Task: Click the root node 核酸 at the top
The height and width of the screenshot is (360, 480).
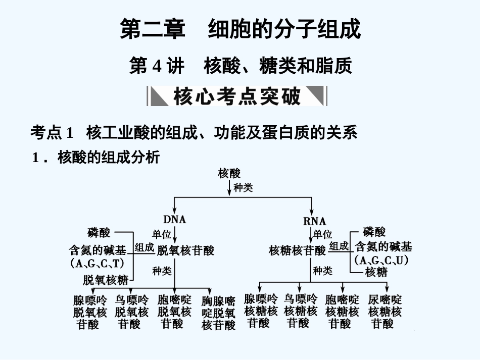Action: (229, 173)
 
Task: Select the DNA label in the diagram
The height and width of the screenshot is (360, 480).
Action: (175, 219)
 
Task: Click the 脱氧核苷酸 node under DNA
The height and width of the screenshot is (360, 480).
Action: (185, 250)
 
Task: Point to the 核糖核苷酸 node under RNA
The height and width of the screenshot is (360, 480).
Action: (298, 250)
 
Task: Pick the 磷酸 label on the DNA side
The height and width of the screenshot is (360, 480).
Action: (99, 232)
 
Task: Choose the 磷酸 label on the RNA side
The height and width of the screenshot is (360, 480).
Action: (374, 232)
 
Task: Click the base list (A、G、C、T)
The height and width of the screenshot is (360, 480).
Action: (98, 264)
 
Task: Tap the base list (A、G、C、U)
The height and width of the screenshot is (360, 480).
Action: (381, 260)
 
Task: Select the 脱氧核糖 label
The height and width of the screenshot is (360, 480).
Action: (106, 280)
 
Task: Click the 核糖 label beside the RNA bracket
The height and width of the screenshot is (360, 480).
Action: (376, 272)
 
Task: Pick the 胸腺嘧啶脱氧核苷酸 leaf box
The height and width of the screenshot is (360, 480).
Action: (218, 314)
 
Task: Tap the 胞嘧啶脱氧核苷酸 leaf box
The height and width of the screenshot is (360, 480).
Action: (174, 312)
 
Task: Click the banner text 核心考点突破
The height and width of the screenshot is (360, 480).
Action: (236, 96)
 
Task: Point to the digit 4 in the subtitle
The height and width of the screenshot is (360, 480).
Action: (157, 66)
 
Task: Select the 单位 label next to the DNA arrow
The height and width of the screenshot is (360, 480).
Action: (162, 234)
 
